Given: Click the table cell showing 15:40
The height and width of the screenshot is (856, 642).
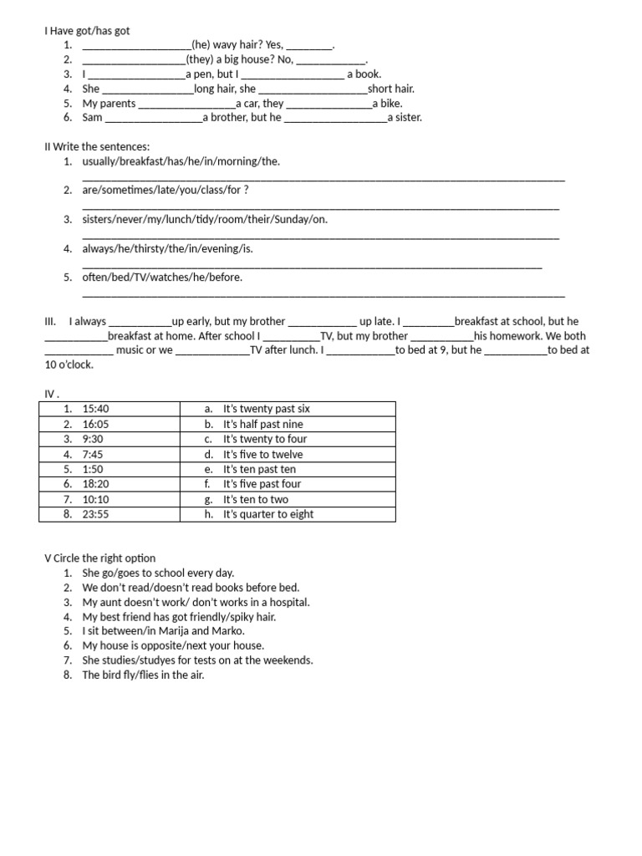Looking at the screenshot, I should tap(96, 409).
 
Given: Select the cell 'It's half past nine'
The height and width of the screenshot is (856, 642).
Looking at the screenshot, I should tap(262, 424).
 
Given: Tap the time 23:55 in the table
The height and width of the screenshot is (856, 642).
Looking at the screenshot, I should tap(96, 514).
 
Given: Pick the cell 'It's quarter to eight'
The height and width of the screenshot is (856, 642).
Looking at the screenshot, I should tap(267, 514).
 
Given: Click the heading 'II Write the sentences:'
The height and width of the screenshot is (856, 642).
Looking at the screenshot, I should tap(97, 147).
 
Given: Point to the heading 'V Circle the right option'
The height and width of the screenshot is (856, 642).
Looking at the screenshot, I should tap(99, 558).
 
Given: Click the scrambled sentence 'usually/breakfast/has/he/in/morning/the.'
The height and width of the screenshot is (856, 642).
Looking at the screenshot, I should tap(181, 161).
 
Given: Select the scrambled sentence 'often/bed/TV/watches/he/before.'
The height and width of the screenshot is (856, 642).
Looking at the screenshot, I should tap(162, 278).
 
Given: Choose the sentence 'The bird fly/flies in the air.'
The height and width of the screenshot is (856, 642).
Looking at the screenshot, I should tap(143, 675).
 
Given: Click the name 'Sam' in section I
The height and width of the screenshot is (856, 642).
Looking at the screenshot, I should tap(92, 118).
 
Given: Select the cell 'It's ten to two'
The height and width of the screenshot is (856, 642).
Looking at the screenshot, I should tap(255, 499).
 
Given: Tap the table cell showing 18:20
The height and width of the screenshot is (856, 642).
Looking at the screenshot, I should tap(96, 484).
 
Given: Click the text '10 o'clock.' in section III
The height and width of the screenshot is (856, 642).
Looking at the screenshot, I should tap(69, 364).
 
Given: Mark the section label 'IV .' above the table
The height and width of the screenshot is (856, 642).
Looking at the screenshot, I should tap(52, 393).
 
